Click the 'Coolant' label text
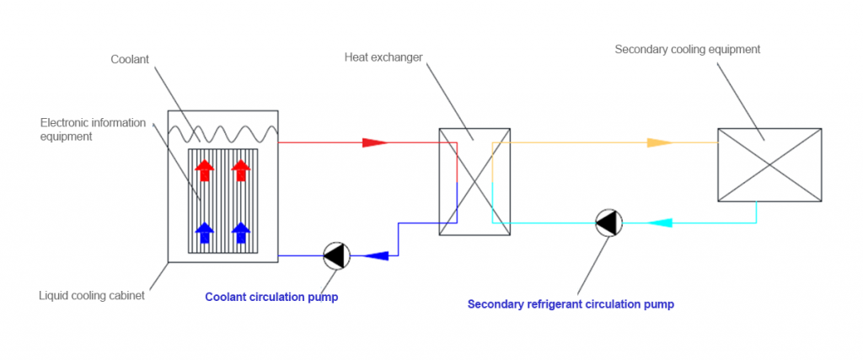tap(129, 59)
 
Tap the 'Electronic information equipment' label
tap(93, 129)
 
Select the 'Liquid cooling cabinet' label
tap(92, 296)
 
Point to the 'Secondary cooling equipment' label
tap(687, 50)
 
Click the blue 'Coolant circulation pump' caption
tap(271, 298)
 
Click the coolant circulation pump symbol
tap(336, 255)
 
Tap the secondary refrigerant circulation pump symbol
tap(608, 223)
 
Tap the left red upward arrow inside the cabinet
tap(204, 169)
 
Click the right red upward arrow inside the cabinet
tap(241, 169)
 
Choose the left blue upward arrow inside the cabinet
tap(204, 231)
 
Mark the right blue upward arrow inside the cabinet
tap(241, 231)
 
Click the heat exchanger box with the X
tap(474, 181)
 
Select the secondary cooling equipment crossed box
tap(769, 164)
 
